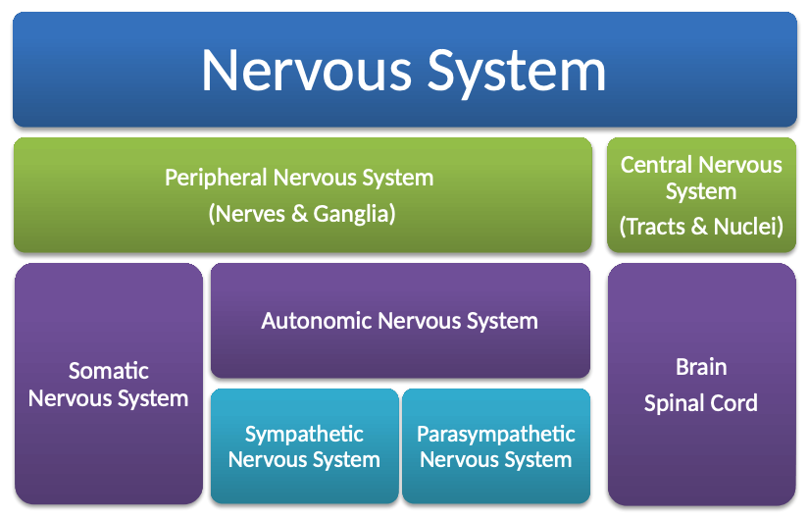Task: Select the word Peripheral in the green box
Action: (215, 179)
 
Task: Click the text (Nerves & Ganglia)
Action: (302, 213)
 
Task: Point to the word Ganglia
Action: (354, 213)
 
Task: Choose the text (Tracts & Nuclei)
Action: (701, 227)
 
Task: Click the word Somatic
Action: (109, 371)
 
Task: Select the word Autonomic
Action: (317, 321)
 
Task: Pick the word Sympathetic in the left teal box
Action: (304, 435)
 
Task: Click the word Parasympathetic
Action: (496, 435)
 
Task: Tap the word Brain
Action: (701, 368)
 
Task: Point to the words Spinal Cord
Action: (701, 403)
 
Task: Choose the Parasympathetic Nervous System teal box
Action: (496, 486)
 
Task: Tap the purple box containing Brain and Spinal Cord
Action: (701, 461)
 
